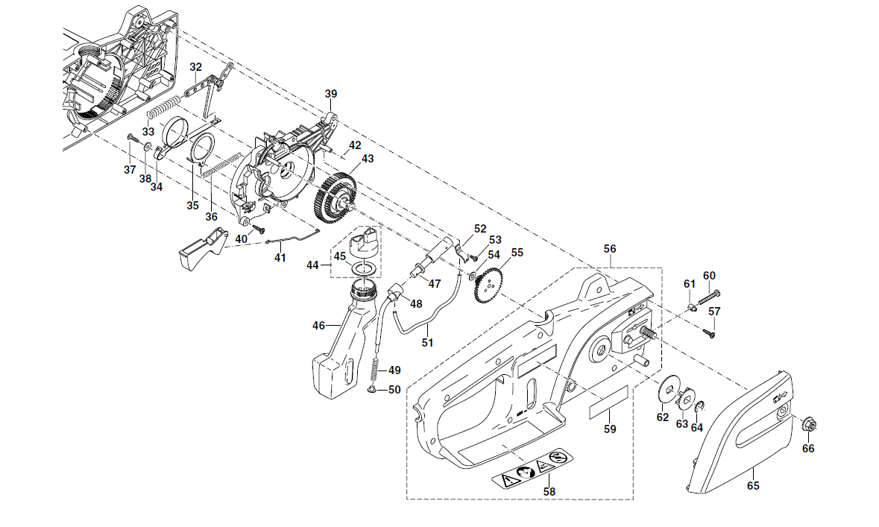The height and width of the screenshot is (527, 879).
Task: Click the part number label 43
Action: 368,160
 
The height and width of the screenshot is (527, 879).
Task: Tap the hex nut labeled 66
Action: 807,424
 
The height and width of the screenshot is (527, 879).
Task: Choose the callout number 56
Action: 610,249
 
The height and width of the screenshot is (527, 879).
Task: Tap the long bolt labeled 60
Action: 708,297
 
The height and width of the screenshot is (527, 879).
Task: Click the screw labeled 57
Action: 709,334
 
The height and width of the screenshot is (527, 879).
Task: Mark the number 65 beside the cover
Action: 753,486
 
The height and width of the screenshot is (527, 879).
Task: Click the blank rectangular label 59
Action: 608,402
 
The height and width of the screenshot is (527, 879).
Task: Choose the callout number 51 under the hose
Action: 428,342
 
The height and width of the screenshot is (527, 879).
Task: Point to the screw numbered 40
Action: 259,228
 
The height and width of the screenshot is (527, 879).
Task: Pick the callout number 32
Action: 195,67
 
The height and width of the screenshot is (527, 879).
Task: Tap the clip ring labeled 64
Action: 700,407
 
